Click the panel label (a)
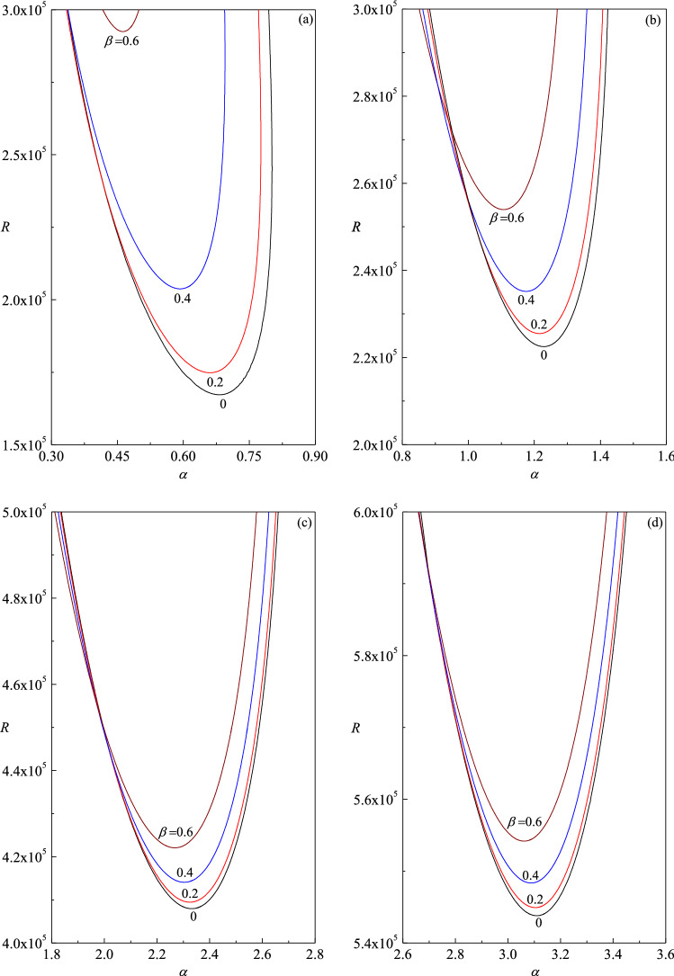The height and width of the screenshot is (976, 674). click(305, 17)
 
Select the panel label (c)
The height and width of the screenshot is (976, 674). click(305, 524)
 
